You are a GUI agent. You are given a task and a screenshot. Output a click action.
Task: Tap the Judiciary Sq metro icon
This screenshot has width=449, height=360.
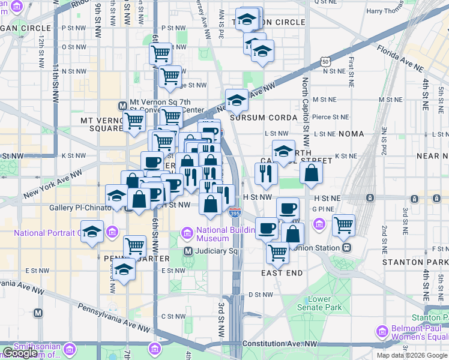[x=188, y=251]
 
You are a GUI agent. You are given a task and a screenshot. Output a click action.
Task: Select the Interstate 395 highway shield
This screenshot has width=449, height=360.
[x=235, y=212]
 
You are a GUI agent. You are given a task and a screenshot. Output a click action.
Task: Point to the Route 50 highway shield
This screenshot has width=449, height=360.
[x=325, y=61]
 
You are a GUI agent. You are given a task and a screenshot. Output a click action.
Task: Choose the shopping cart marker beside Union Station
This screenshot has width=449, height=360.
[x=343, y=226]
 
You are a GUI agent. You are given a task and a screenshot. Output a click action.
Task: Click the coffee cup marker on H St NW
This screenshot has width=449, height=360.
[x=288, y=208]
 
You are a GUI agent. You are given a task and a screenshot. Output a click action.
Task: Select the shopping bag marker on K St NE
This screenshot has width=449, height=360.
[x=311, y=173]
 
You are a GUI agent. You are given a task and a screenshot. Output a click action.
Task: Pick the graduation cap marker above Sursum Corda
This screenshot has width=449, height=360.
[x=237, y=100]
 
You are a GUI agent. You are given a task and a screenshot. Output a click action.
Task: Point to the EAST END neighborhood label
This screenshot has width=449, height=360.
[x=282, y=273]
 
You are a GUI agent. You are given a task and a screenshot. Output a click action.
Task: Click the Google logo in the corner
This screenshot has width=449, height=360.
[x=20, y=353]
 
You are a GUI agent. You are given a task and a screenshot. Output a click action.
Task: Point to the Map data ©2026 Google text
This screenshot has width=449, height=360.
[x=412, y=355]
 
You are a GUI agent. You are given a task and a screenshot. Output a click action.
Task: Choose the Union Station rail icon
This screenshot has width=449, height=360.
[x=346, y=247]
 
